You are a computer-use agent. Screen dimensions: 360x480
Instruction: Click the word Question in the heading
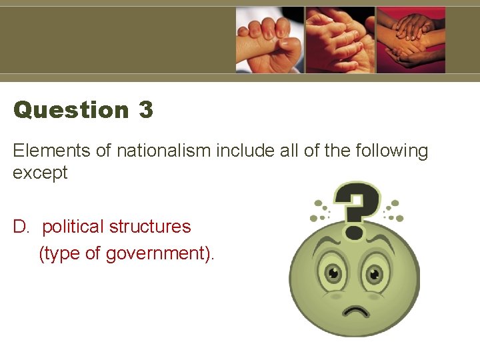(71, 109)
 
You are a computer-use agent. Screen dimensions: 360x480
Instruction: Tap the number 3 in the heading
(146, 109)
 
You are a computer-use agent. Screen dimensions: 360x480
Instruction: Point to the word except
(40, 173)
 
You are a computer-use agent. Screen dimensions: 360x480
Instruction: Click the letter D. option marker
(21, 227)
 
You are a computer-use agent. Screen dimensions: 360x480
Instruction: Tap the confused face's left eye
(331, 273)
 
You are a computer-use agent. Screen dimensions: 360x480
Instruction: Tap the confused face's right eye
(375, 273)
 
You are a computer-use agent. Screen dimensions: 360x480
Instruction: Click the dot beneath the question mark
(355, 233)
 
